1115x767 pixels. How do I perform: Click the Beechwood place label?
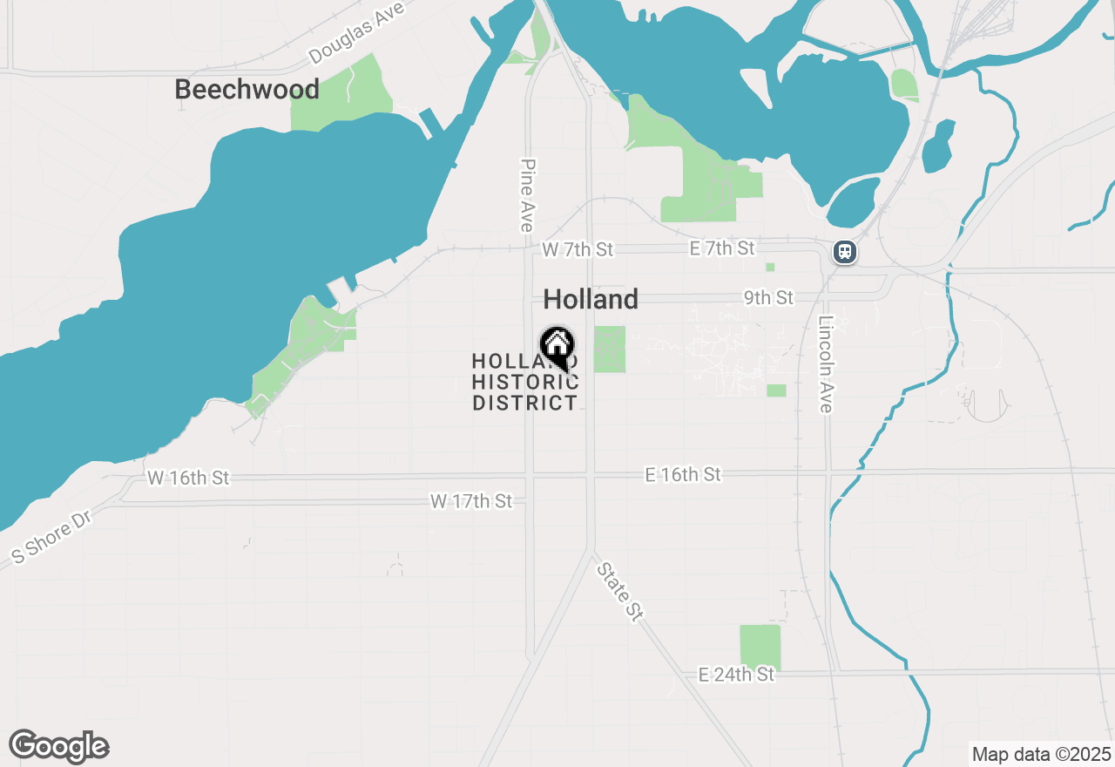247,89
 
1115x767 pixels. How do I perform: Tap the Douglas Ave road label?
357,37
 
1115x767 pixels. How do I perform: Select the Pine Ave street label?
526,195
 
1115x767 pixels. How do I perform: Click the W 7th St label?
577,250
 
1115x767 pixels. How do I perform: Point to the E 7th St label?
722,248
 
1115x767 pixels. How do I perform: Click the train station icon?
844,253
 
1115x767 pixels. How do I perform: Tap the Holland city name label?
591,300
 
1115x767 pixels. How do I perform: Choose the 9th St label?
768,298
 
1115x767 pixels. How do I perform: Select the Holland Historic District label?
524,382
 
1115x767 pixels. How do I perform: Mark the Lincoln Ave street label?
826,363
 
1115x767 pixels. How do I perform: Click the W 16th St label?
188,478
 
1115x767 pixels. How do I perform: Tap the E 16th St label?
683,474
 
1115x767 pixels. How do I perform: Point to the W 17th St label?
471,501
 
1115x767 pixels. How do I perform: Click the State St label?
620,592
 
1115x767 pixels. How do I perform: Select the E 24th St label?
736,675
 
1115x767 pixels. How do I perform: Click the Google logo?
59,746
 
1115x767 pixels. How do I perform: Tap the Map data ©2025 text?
1041,754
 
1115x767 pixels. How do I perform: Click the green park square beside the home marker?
610,349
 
